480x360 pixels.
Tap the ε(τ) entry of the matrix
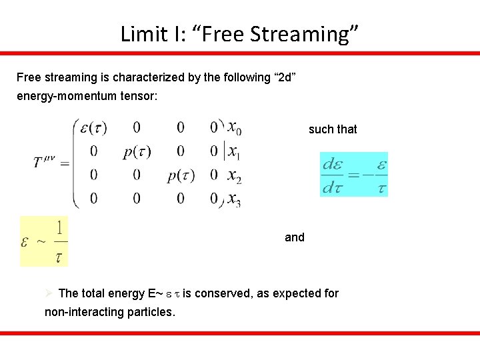94,127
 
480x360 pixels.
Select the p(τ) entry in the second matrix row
137,151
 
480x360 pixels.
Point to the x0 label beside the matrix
234,127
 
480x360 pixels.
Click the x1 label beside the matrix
233,152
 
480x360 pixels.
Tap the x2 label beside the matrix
234,176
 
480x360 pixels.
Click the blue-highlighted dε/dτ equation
354,174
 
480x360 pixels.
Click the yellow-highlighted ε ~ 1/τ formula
44,241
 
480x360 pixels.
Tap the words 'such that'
333,129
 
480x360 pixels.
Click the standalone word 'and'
295,237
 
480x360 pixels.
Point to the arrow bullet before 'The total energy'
49,293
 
